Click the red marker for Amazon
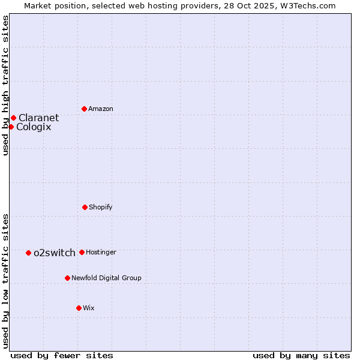point(84,109)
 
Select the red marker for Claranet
point(13,118)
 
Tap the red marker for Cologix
point(11,127)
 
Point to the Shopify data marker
point(85,207)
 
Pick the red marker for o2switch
point(28,253)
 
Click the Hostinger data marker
point(82,252)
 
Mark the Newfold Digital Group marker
point(67,278)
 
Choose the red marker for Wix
point(79,308)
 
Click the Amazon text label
point(101,109)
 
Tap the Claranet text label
point(38,118)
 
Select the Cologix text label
point(34,127)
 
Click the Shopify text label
point(101,207)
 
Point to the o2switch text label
point(55,253)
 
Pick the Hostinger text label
point(101,252)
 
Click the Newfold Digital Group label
point(106,278)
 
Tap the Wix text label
point(89,308)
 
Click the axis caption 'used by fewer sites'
point(62,355)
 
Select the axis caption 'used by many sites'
point(301,355)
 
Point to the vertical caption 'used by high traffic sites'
point(5,85)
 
